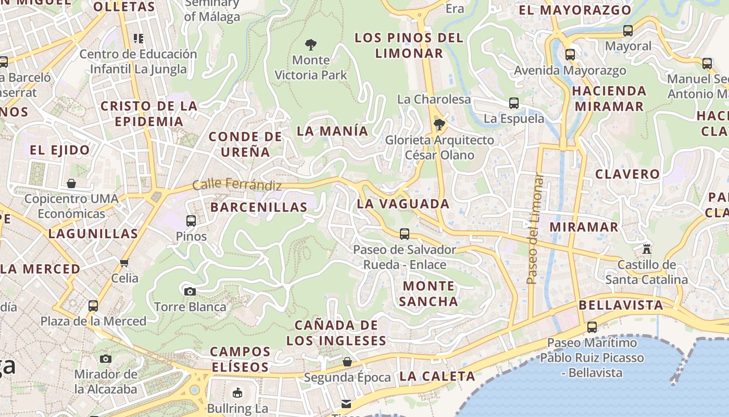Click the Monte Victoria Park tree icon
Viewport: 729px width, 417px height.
tap(311, 45)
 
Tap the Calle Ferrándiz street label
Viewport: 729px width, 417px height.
tap(237, 185)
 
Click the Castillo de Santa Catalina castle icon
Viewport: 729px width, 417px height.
tap(647, 249)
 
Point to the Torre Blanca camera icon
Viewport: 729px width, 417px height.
tap(190, 291)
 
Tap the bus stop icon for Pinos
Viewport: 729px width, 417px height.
tap(191, 221)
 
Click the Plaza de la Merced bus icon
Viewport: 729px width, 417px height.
tap(93, 306)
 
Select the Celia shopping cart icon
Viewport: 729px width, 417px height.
tap(124, 263)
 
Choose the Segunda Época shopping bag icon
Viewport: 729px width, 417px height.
tap(347, 362)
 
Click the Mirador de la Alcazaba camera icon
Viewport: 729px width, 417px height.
tap(106, 359)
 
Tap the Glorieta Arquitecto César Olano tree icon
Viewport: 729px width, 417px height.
tap(439, 125)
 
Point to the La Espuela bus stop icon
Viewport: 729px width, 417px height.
tap(514, 103)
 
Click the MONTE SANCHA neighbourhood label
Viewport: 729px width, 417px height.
tap(429, 293)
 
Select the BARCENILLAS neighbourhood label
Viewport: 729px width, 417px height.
tap(259, 207)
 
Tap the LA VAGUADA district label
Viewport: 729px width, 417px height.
tap(403, 204)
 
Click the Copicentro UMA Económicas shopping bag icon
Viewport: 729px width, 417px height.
tap(71, 183)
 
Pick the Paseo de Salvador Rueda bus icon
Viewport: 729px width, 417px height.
tap(405, 234)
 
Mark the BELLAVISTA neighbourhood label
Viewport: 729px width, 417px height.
tap(621, 305)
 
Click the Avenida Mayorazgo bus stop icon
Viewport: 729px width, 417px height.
tap(570, 54)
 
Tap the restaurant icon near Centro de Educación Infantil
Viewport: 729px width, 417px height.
tap(138, 38)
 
